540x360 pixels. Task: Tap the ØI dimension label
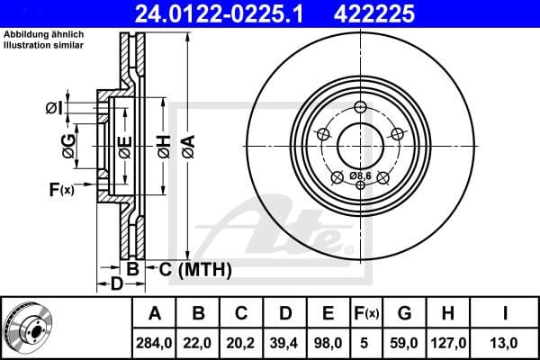coord(53,110)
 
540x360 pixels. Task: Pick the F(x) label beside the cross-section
coord(61,189)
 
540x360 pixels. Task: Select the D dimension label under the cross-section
coord(117,285)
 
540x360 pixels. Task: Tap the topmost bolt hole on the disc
coord(360,108)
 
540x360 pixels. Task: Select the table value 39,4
coord(285,341)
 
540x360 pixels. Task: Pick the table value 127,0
coord(447,341)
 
